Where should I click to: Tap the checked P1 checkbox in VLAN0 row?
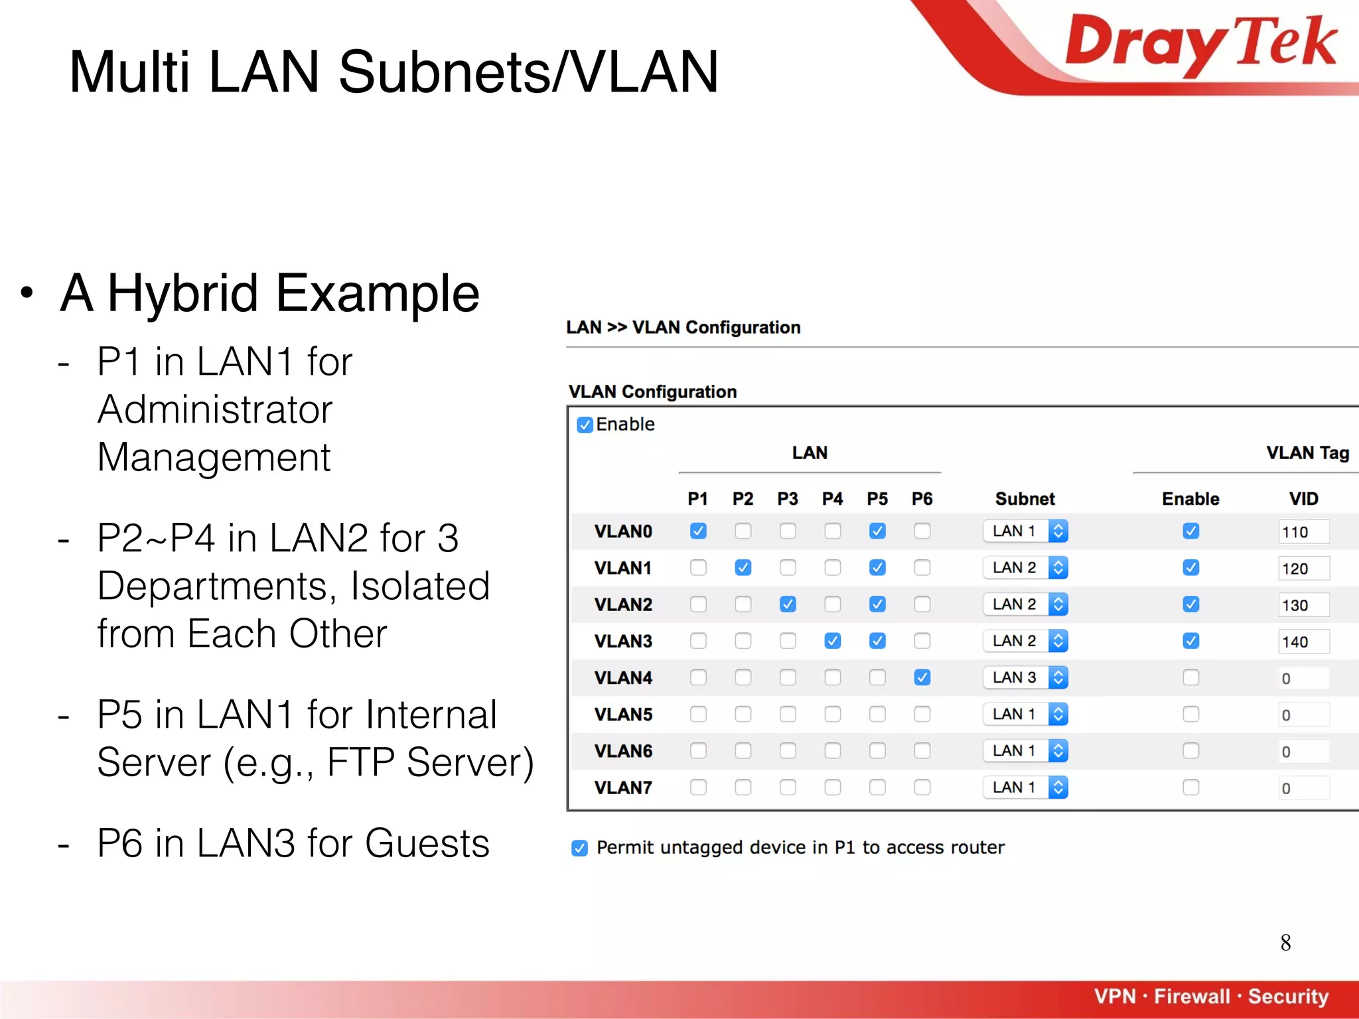(x=698, y=531)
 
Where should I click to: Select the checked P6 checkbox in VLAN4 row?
(x=922, y=677)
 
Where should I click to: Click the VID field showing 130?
(x=1303, y=605)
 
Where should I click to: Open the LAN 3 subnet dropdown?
(x=1025, y=677)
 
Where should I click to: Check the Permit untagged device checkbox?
(x=579, y=848)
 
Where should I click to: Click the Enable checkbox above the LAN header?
(x=585, y=425)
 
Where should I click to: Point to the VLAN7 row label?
(x=623, y=787)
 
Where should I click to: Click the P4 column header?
(x=832, y=499)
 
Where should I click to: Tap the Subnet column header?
(x=1025, y=499)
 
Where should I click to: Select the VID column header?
(x=1303, y=499)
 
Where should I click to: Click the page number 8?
(x=1285, y=943)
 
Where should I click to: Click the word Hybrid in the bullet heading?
(x=182, y=293)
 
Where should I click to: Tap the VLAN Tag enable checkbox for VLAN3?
(x=1190, y=641)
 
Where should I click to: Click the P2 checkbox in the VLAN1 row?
(x=743, y=568)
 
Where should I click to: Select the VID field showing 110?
(x=1303, y=532)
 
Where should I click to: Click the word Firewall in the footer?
(x=1192, y=996)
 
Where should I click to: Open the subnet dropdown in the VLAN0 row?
(x=1025, y=531)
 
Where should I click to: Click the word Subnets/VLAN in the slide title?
(x=528, y=72)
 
